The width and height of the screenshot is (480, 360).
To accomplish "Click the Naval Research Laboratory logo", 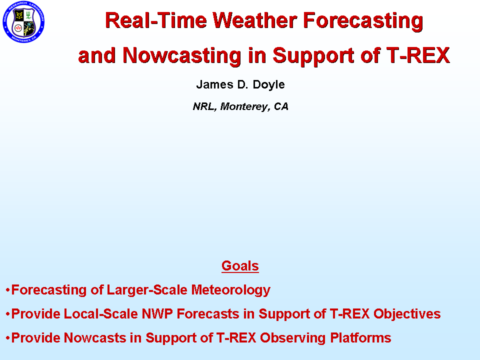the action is [x=23, y=21].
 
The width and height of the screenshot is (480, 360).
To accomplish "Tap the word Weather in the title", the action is [x=255, y=20].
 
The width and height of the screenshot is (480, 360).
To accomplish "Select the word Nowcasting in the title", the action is [x=182, y=55].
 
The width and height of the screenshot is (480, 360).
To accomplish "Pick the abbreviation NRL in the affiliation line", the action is [x=203, y=106].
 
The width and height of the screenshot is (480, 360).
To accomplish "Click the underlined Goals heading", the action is [x=240, y=265].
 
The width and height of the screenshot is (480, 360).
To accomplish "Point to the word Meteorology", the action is [x=231, y=290].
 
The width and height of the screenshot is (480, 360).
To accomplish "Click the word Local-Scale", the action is [x=101, y=314].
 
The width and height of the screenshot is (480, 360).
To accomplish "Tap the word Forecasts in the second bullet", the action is [x=208, y=314].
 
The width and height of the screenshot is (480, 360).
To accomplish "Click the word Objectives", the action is [x=407, y=314].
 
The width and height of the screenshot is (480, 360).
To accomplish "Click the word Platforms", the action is [x=360, y=338].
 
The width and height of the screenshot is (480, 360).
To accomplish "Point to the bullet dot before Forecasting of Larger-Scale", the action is [x=7, y=290].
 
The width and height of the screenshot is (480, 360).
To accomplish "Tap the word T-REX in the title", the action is [x=418, y=55].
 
